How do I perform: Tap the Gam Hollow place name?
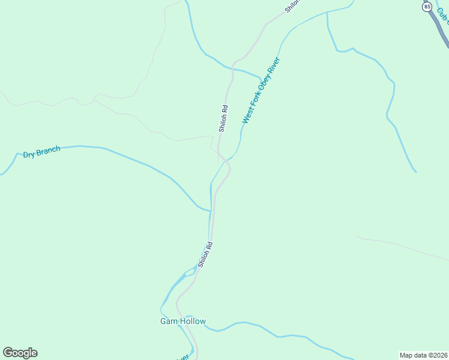(x=182, y=321)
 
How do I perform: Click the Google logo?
(x=20, y=353)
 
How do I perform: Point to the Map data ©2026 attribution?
(x=424, y=355)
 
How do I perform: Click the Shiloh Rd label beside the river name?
(x=223, y=119)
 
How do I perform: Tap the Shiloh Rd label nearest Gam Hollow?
(x=205, y=254)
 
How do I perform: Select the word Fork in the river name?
(x=253, y=105)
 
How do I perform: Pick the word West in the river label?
(x=246, y=118)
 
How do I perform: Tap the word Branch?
(x=48, y=151)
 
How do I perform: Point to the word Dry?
(x=29, y=154)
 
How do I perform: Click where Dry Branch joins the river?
(x=210, y=211)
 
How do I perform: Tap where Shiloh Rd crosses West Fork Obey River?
(x=226, y=161)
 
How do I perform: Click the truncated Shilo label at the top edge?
(x=292, y=6)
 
